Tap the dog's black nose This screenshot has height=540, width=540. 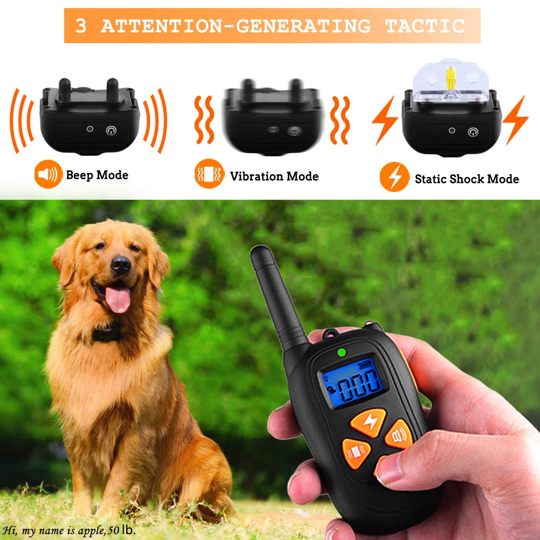(120, 264)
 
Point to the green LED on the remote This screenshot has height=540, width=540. (341, 353)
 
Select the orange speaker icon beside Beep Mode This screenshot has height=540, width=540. (48, 175)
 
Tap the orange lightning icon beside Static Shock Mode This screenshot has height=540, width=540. (394, 178)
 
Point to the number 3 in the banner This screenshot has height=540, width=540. (81, 26)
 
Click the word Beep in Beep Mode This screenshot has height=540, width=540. (79, 175)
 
